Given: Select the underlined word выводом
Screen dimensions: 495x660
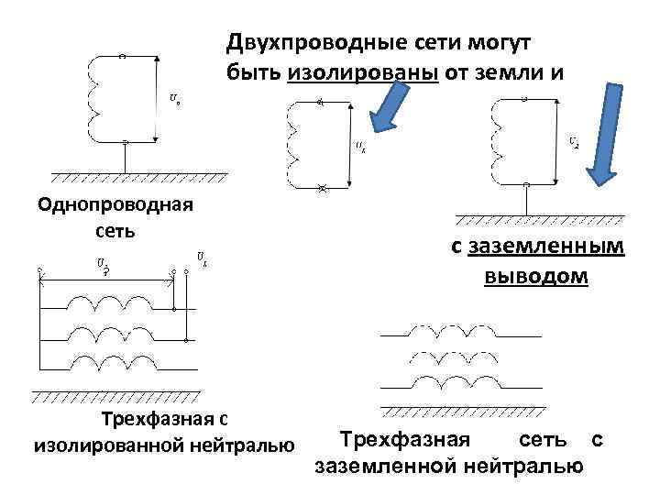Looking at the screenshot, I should tap(536, 276).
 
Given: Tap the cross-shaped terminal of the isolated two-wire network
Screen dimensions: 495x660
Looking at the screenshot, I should tap(321, 188).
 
